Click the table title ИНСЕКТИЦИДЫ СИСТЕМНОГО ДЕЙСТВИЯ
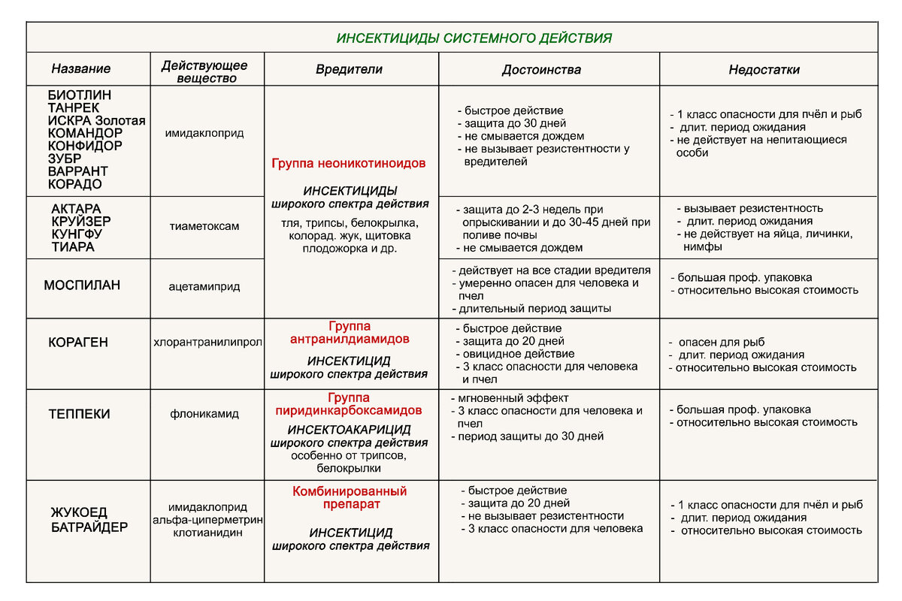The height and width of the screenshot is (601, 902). [x=474, y=38]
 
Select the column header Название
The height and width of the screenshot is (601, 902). [x=80, y=69]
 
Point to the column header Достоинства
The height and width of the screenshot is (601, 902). [x=541, y=70]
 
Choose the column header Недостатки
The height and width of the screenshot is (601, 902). [x=764, y=70]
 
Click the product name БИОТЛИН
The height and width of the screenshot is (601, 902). [x=79, y=95]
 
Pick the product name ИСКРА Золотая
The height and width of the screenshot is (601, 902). [x=96, y=121]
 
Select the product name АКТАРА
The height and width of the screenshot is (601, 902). [x=76, y=208]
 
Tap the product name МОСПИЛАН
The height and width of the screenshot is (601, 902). [x=82, y=285]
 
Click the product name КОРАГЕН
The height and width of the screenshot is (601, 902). [x=78, y=343]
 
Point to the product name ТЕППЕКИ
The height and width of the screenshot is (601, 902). [x=80, y=414]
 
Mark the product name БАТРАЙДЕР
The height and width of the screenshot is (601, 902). [x=89, y=527]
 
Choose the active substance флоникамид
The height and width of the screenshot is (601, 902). [x=204, y=414]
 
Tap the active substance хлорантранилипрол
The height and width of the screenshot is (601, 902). [x=207, y=343]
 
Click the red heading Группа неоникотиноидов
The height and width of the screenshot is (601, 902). [x=349, y=163]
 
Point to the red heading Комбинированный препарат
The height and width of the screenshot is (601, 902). [x=350, y=498]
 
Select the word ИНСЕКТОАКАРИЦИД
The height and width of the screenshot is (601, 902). [x=350, y=430]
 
